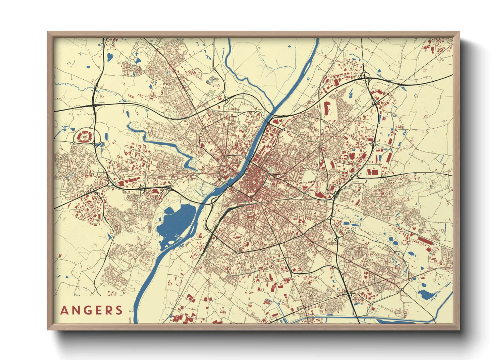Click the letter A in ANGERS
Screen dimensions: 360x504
click(64, 310)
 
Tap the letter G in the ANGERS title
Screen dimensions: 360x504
click(86, 310)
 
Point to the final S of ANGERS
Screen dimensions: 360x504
click(119, 310)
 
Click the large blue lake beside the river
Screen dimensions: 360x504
click(175, 221)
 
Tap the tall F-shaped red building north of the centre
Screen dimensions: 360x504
click(327, 108)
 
